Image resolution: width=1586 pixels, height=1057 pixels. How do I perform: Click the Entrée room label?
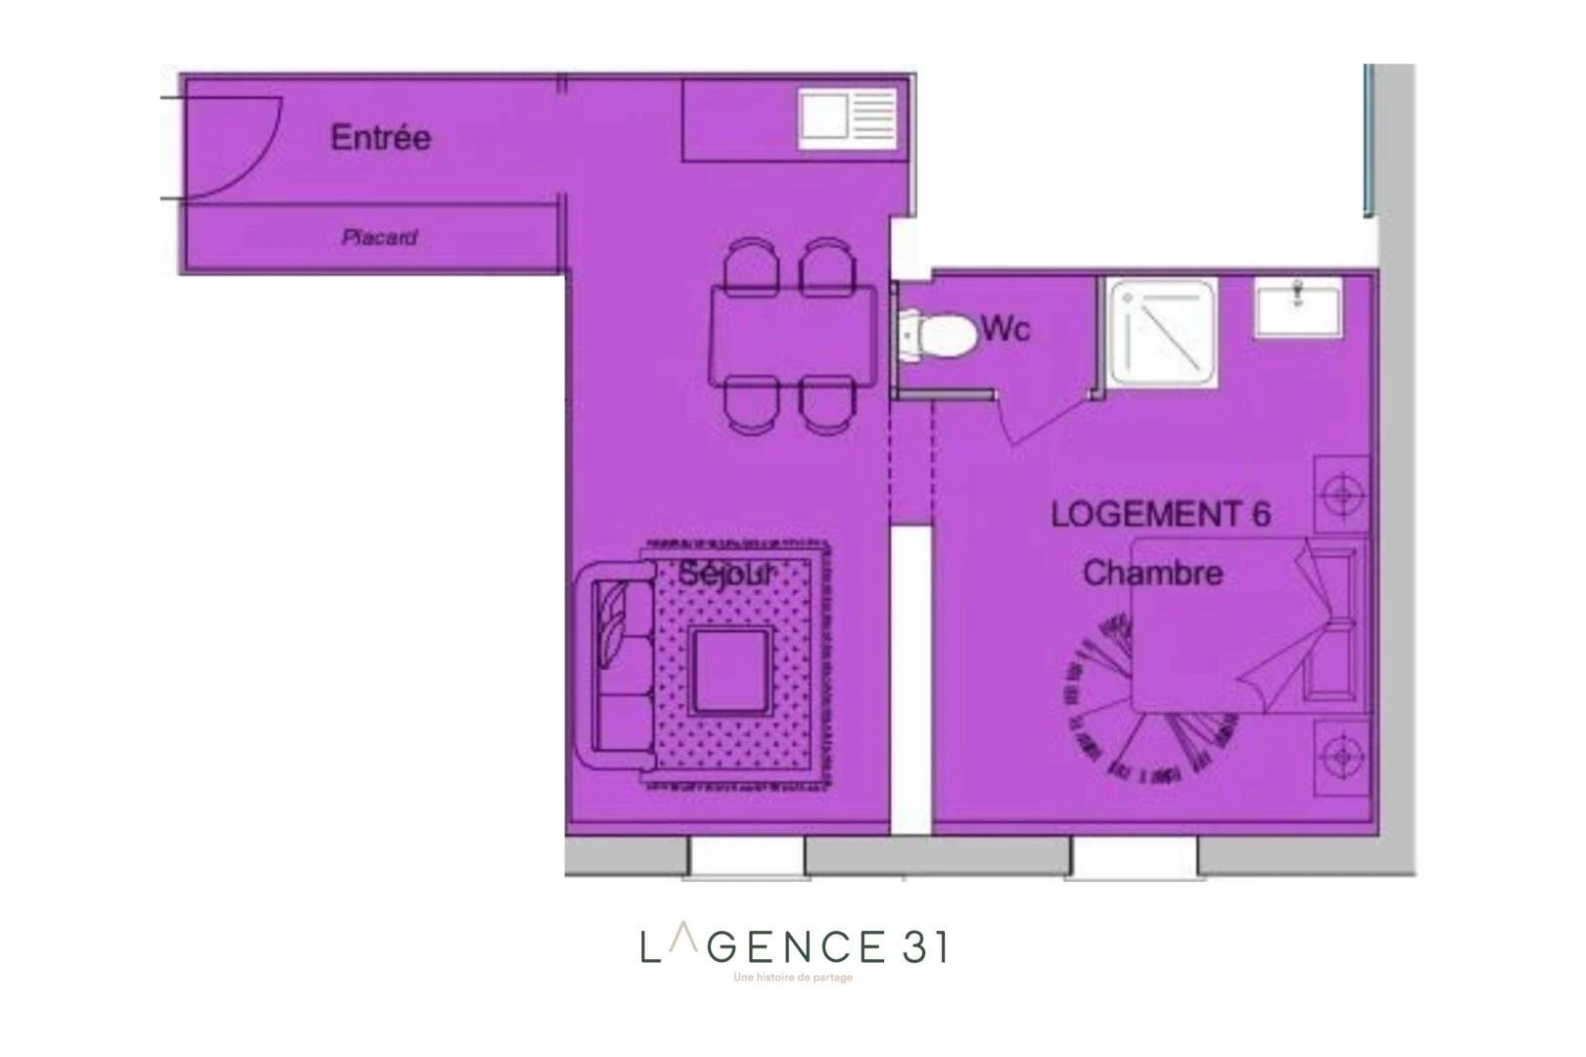tap(380, 138)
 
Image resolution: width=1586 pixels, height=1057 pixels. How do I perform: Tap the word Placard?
tap(380, 238)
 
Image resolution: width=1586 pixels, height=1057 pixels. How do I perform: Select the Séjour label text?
tap(726, 573)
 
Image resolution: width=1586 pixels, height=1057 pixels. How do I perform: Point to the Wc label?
tap(1004, 329)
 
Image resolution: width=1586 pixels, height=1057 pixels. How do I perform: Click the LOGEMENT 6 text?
tap(1160, 515)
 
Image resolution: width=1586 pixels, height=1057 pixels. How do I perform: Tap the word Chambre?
tap(1152, 574)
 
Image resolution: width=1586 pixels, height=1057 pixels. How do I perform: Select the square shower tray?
tap(1162, 333)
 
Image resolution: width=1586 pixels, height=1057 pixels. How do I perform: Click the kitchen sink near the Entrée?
tap(848, 118)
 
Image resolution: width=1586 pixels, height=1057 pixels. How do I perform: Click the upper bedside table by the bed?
tap(1342, 495)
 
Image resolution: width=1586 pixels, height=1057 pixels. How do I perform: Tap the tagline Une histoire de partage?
tap(793, 978)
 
